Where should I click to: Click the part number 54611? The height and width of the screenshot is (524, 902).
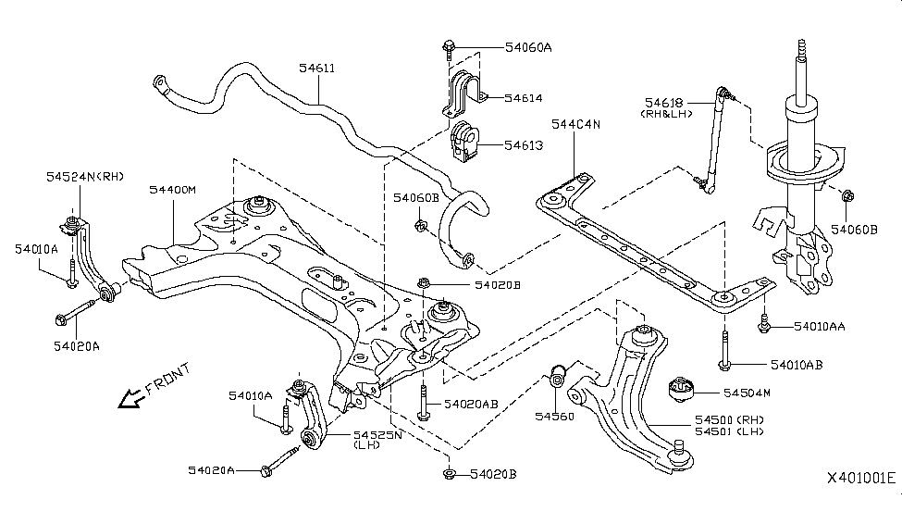tap(317, 68)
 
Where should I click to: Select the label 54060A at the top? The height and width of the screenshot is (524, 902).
tap(527, 46)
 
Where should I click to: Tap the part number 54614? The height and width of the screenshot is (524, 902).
tap(524, 97)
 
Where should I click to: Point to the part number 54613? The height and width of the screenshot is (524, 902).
tap(524, 145)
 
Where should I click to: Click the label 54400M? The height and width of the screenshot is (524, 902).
tap(173, 189)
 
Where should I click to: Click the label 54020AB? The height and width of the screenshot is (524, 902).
tap(471, 404)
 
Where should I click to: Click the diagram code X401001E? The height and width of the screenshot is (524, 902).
tap(861, 478)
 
